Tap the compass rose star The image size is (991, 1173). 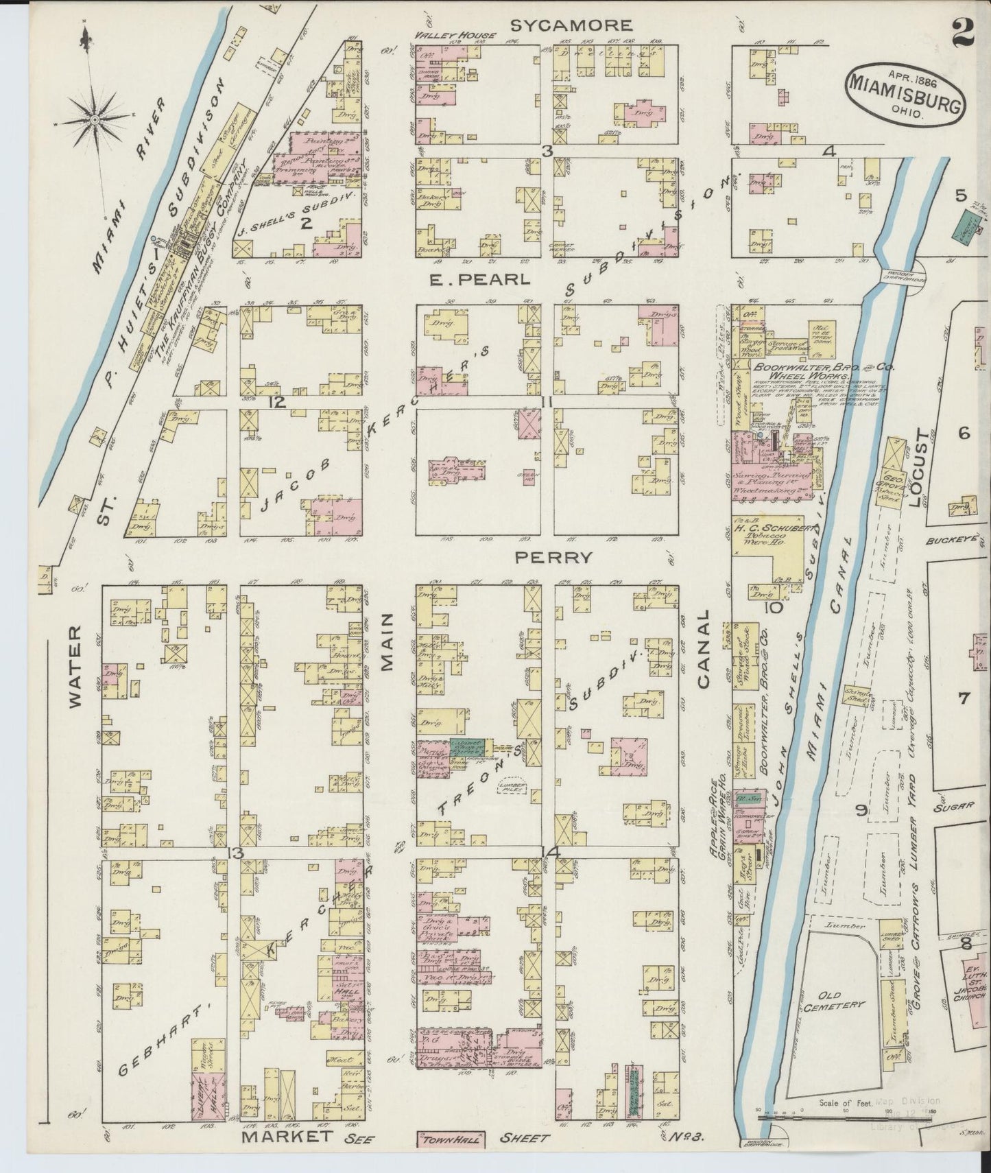94,119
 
